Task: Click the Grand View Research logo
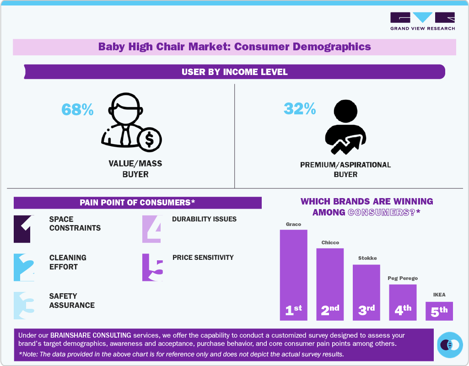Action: point(422,21)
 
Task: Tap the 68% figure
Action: point(77,109)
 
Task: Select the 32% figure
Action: point(300,108)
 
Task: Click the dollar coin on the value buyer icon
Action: point(149,140)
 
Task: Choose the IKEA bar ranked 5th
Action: point(439,311)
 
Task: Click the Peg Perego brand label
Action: point(403,278)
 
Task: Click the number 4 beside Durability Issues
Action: point(152,228)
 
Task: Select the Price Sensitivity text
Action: point(203,258)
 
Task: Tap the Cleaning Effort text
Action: point(68,262)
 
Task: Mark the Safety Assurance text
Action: point(72,301)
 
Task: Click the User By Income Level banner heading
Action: point(234,72)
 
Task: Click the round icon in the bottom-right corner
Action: point(450,344)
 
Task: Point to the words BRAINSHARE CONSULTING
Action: point(91,335)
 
